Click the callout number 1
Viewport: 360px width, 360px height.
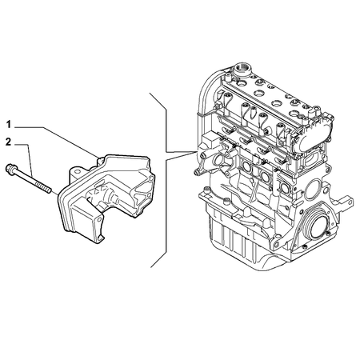point(9,125)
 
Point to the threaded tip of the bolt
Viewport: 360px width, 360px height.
point(47,190)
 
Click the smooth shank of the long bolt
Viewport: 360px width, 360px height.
point(30,179)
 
